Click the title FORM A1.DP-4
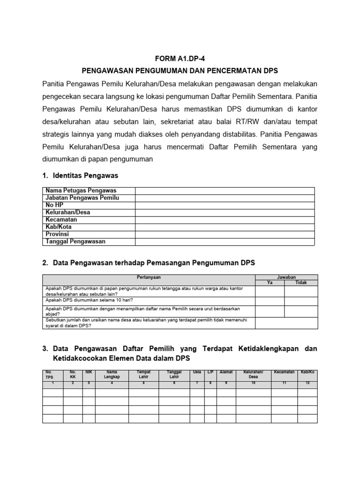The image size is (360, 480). coord(180,59)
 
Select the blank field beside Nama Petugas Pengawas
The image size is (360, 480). coord(225,191)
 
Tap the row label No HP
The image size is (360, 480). coord(54,205)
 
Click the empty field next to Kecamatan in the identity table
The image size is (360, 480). coord(225,220)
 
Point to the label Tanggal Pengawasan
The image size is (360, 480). coord(75,241)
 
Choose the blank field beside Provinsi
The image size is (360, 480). coord(225,234)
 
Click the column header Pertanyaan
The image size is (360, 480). coord(149,277)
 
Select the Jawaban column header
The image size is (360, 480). coord(286,277)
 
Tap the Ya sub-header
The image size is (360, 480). coord(270,283)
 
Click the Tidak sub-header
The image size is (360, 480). coord(301,283)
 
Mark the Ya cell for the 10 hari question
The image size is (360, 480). coord(270,301)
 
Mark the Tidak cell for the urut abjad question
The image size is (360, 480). coord(301,311)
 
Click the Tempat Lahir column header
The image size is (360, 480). coord(144,375)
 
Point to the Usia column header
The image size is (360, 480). coord(197,372)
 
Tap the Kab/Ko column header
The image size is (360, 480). coord(308,372)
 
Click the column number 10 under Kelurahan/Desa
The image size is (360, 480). coord(253,383)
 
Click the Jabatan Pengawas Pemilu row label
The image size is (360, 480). coord(82,198)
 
